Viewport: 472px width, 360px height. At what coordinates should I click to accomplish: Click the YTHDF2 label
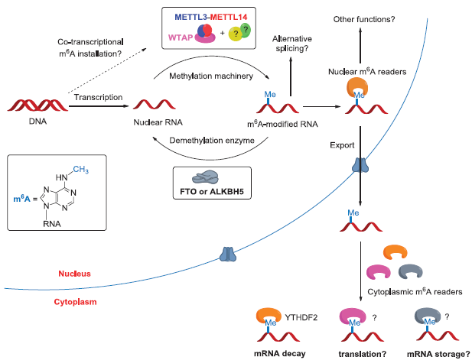coord(300,314)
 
